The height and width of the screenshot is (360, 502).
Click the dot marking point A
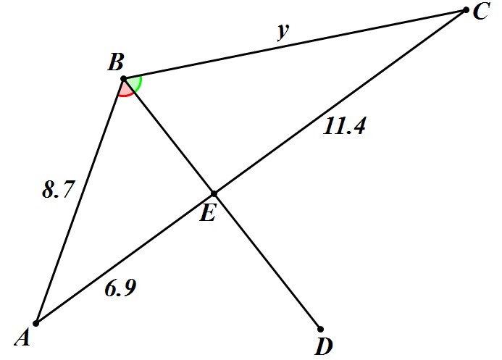tap(35, 323)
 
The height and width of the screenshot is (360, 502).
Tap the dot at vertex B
tap(123, 78)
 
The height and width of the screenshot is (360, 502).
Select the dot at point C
tap(466, 10)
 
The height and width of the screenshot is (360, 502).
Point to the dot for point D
tap(320, 329)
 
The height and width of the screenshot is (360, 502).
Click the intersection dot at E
tap(214, 193)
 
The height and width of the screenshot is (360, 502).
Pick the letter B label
tap(115, 63)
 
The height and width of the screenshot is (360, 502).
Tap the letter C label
tap(482, 12)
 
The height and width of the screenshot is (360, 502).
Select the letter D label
tap(323, 347)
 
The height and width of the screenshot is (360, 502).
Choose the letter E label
tap(207, 214)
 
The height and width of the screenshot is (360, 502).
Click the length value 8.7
tap(57, 191)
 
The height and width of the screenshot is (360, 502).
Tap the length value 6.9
tap(120, 288)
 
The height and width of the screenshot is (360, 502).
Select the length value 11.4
tap(345, 127)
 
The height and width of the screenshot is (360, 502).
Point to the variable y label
tap(283, 32)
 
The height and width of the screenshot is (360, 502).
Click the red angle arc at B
tap(126, 93)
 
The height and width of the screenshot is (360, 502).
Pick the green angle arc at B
tap(138, 83)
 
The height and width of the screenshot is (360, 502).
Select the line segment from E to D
tap(268, 262)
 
